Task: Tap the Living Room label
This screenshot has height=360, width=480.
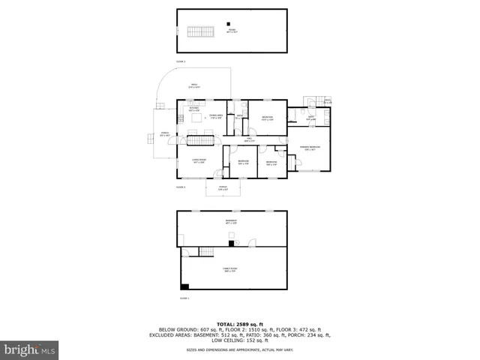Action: (199, 161)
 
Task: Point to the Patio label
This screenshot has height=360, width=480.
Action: (193, 86)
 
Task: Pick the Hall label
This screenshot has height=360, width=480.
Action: (250, 139)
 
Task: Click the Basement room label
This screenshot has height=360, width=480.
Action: (231, 222)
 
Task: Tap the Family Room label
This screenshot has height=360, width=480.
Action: (231, 270)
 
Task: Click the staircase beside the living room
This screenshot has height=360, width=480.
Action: (200, 141)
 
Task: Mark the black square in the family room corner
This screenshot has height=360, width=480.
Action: (184, 286)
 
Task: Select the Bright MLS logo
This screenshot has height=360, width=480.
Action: (29, 349)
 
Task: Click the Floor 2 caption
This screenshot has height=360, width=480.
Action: (180, 187)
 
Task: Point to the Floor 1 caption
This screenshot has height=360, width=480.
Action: (184, 298)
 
